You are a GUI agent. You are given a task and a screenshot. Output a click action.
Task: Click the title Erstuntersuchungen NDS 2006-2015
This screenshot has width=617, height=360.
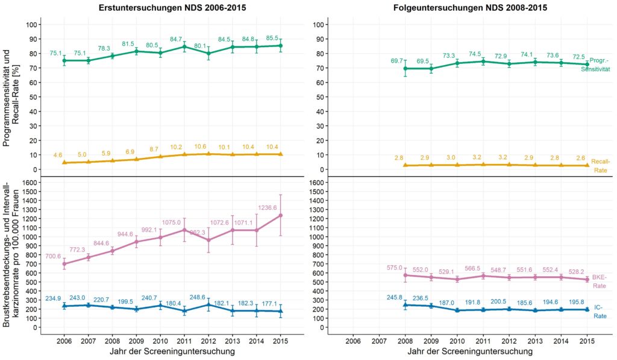tap(168, 8)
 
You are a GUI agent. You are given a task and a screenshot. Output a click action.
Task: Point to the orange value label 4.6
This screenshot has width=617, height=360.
tap(58, 156)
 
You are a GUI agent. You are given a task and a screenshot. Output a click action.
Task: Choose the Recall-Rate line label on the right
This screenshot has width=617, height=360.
tap(600, 166)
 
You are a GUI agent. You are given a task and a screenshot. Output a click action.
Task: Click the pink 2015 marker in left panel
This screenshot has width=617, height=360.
tap(281, 215)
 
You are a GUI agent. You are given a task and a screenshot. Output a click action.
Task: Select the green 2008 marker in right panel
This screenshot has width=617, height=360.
tap(406, 69)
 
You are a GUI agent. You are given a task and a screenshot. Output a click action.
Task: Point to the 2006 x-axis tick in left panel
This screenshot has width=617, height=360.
tap(64, 340)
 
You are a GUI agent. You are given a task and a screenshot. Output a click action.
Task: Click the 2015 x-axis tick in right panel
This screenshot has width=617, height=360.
tap(587, 340)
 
